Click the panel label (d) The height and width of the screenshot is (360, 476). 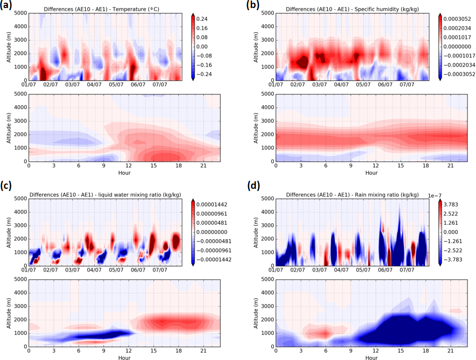254,186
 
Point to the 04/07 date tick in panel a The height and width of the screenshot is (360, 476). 94,85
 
